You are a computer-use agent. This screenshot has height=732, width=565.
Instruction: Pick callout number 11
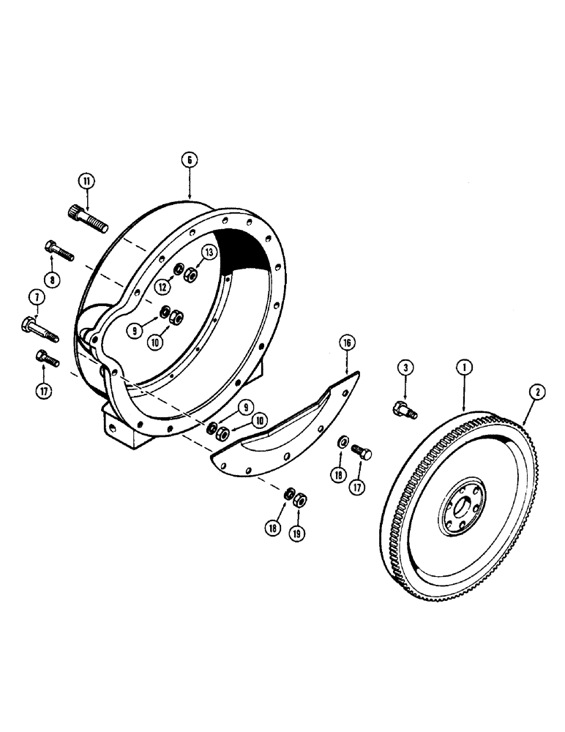tap(87, 179)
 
